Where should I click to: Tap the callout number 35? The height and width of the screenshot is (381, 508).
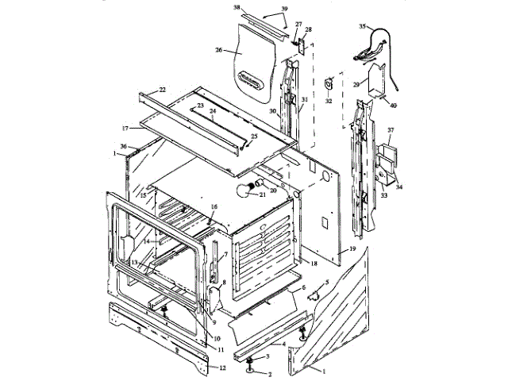coord(363,26)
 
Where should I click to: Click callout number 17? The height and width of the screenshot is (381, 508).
coord(125,127)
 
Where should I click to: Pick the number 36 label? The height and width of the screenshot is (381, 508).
coord(123,145)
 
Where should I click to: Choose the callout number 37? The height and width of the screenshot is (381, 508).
coord(391,129)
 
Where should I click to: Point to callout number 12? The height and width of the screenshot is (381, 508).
coord(222,368)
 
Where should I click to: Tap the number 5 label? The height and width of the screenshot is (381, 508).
coord(326,282)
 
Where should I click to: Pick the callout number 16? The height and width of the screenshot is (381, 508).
coord(214,206)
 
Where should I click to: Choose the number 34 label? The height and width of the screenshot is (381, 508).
coord(400,187)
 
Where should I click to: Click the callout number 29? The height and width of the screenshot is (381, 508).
coord(357,83)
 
